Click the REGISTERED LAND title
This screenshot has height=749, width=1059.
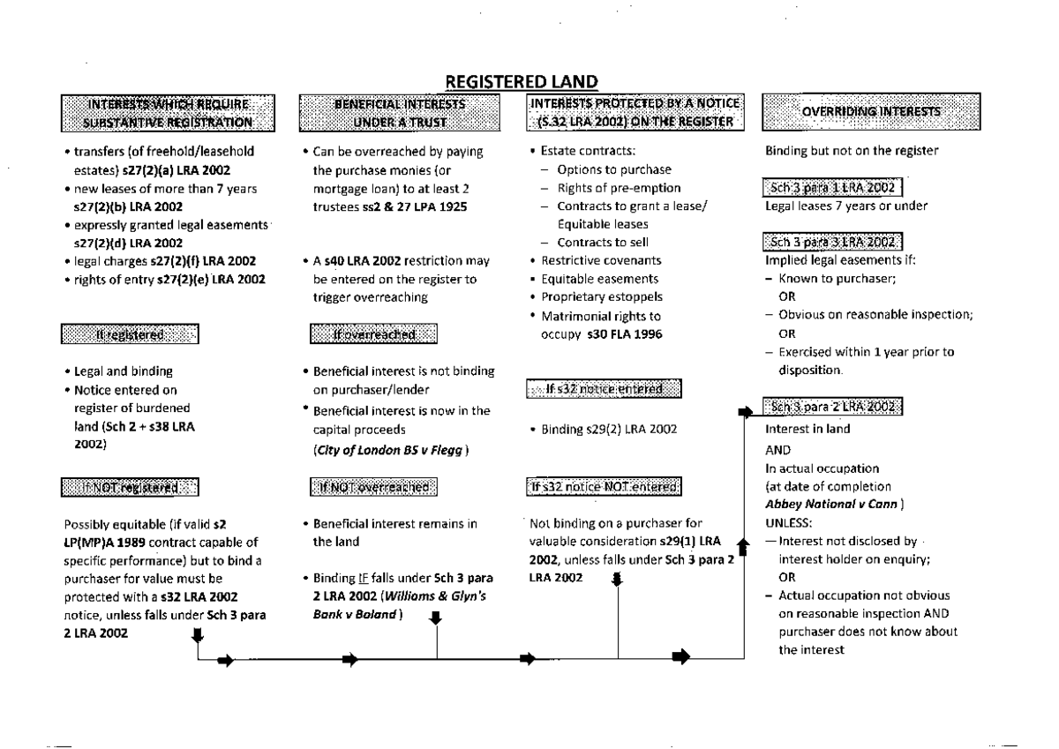coord(522,81)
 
